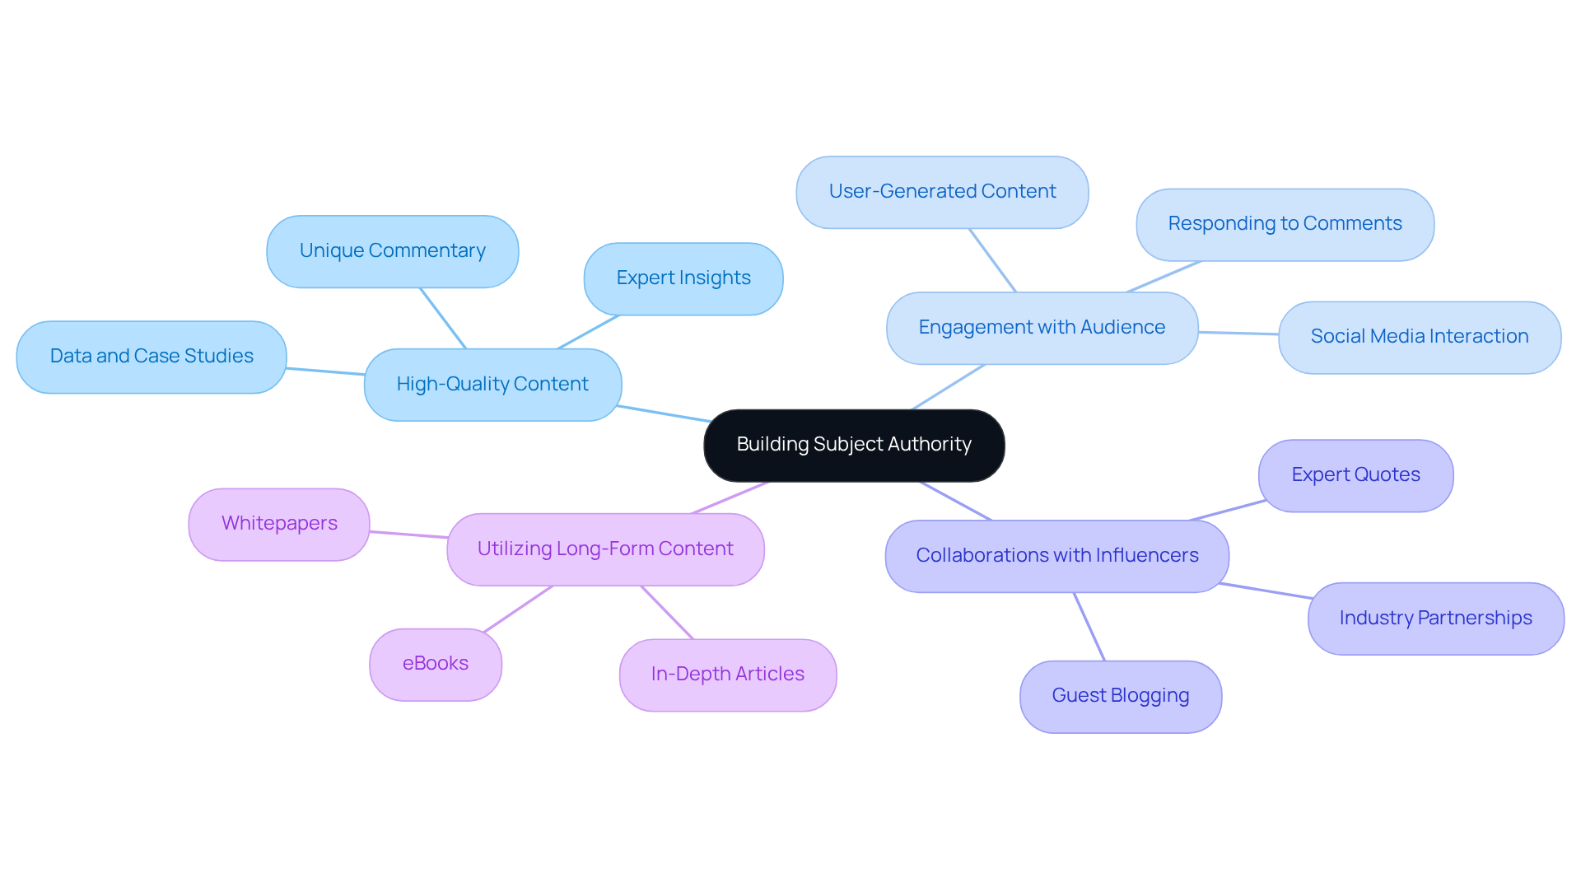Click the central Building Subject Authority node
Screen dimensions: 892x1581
coord(854,445)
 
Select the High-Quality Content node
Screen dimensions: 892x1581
coord(492,385)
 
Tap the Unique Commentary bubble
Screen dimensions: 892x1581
coord(392,251)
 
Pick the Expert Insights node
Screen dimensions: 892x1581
coord(683,278)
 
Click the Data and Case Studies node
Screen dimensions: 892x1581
coord(152,357)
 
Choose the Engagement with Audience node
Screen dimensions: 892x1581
coord(1041,328)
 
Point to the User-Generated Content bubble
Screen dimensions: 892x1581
coord(941,192)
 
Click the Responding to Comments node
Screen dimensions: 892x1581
coord(1284,224)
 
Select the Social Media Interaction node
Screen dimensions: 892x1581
coord(1419,337)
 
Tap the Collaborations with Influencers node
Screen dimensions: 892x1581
coord(1056,556)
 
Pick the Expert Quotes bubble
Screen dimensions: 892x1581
coord(1355,475)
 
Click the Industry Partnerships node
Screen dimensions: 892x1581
coord(1434,619)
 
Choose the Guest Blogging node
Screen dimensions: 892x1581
coord(1120,696)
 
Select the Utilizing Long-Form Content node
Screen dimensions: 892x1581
coord(604,549)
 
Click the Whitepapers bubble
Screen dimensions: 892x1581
coord(279,524)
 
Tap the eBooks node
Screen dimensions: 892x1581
coord(435,664)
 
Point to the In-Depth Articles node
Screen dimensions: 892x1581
coord(727,675)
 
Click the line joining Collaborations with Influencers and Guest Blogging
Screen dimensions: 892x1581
coord(1089,627)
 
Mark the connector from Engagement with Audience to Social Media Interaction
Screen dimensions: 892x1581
coord(1238,333)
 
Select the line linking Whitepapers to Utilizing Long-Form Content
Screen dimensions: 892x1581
coord(408,535)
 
